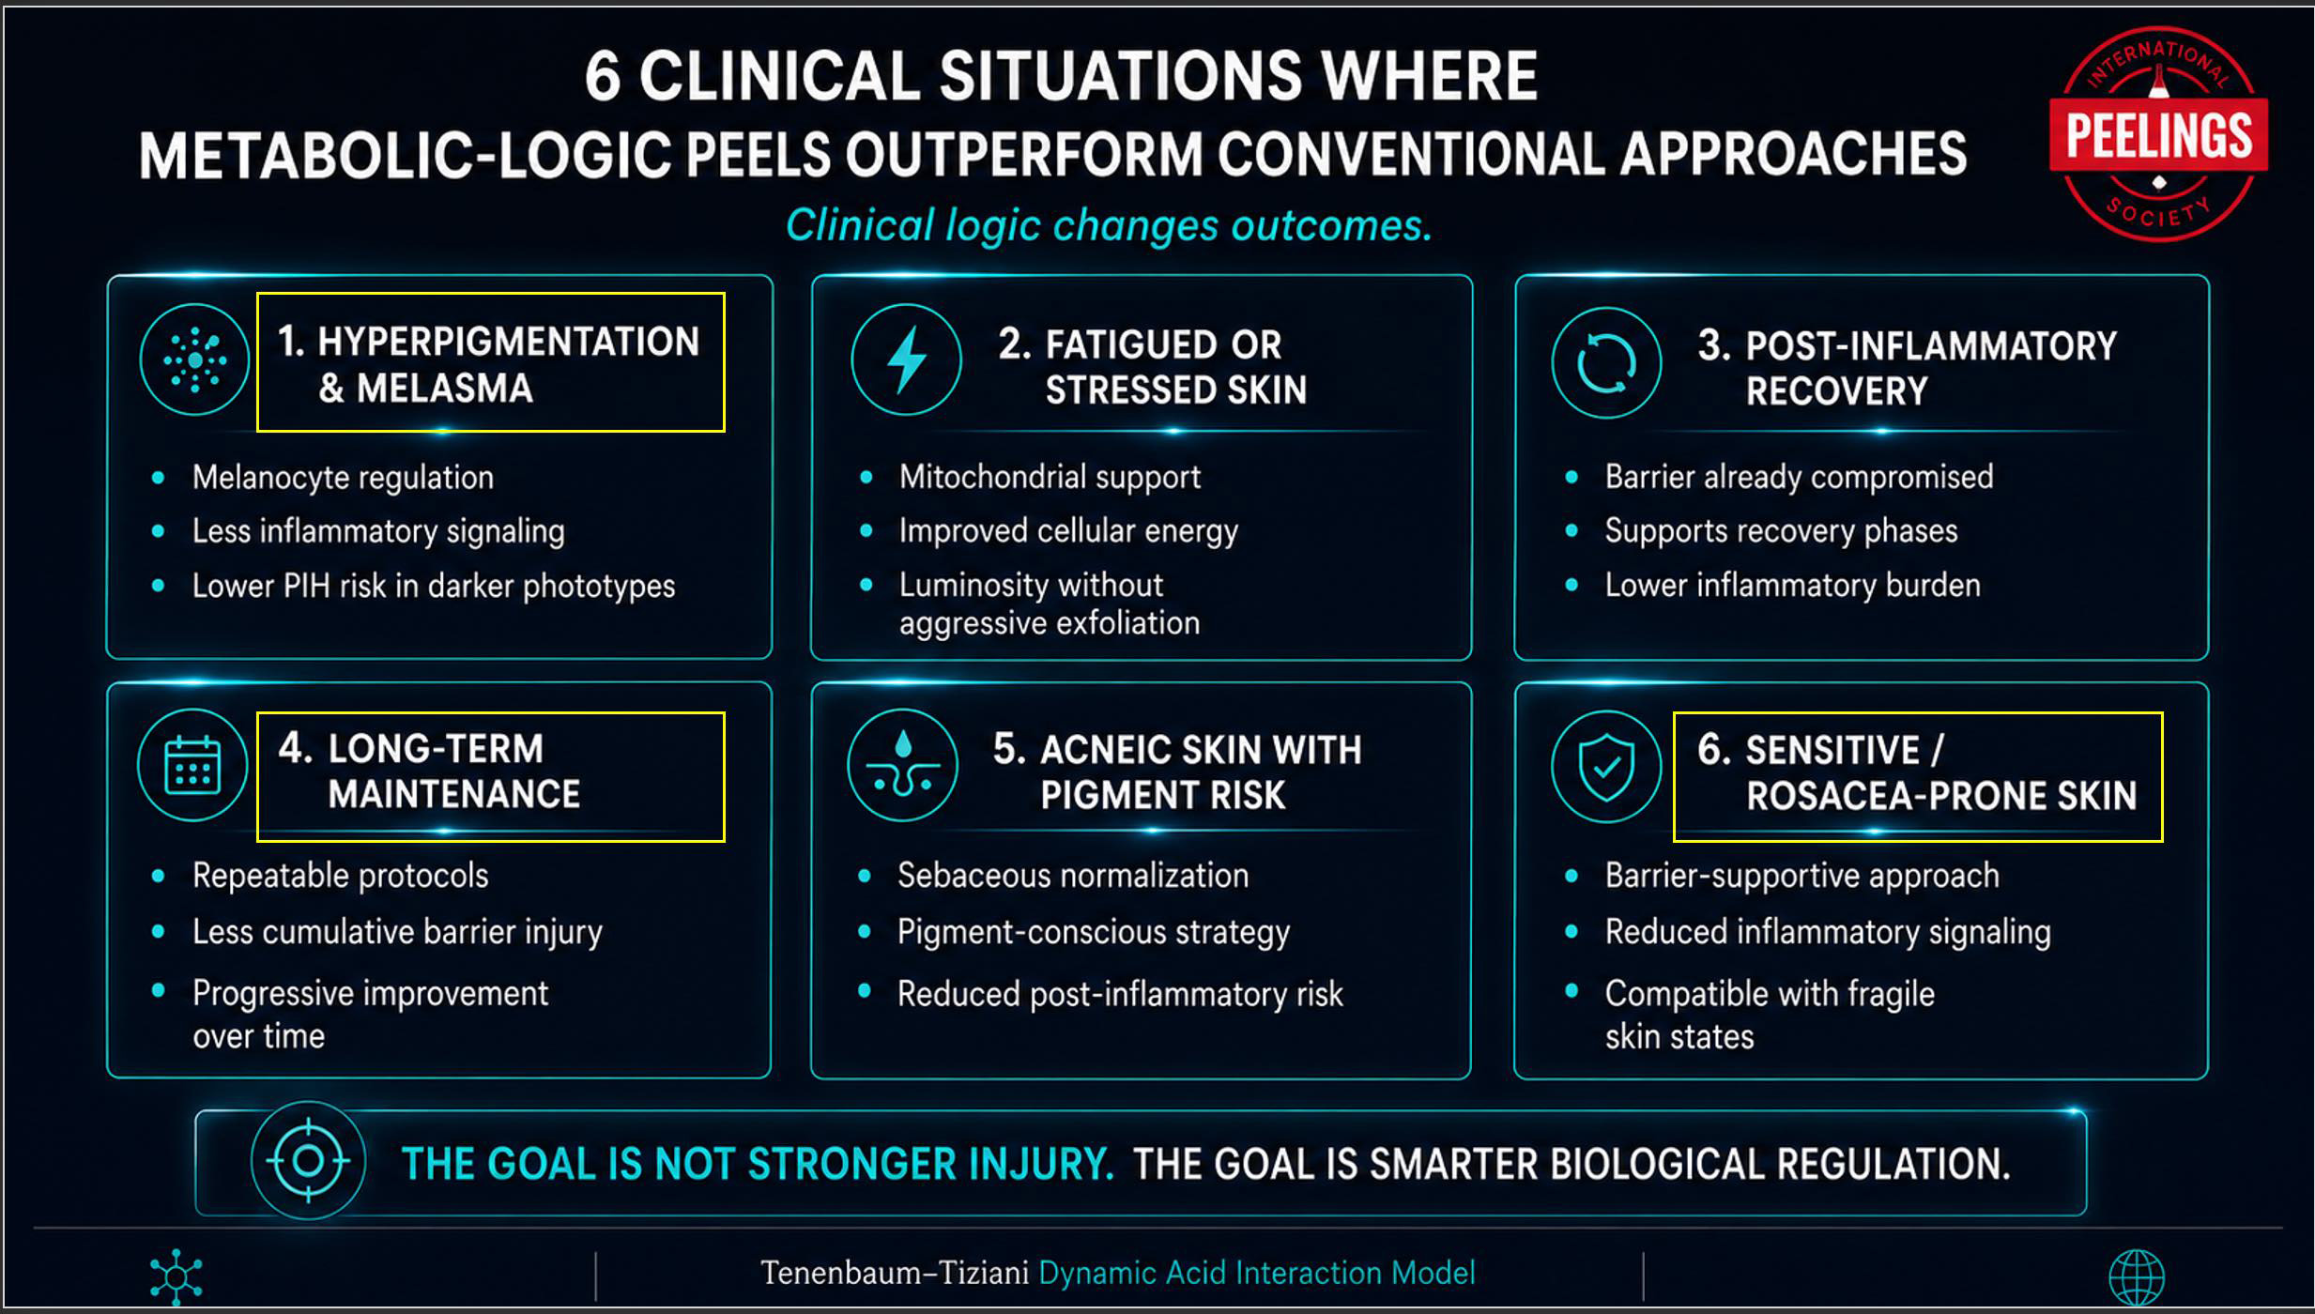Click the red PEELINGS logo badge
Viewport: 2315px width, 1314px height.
pyautogui.click(x=2158, y=134)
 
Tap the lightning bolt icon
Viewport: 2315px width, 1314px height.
pyautogui.click(x=906, y=359)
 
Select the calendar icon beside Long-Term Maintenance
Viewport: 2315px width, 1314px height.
pyautogui.click(x=192, y=765)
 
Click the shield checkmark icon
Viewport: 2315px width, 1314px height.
pyautogui.click(x=1606, y=766)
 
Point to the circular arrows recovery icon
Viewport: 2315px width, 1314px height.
pyautogui.click(x=1606, y=362)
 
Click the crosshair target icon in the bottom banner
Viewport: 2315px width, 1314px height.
pyautogui.click(x=308, y=1161)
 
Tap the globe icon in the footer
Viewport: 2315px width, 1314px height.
pyautogui.click(x=2137, y=1277)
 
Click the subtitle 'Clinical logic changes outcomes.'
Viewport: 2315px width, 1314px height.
pyautogui.click(x=1109, y=225)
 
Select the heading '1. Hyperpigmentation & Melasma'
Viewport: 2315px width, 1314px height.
pyautogui.click(x=488, y=364)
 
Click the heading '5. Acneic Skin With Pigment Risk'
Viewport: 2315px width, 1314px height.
pyautogui.click(x=1177, y=772)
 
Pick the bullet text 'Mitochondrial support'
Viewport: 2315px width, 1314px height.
pyautogui.click(x=1050, y=477)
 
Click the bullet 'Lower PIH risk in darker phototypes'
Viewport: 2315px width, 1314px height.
pyautogui.click(x=434, y=586)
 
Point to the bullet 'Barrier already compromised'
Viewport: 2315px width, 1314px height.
pyautogui.click(x=1799, y=477)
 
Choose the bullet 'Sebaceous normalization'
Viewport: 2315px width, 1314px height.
pyautogui.click(x=1073, y=876)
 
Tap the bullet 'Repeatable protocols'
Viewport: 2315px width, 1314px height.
pyautogui.click(x=341, y=876)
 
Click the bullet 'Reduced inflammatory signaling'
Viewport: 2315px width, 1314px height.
pyautogui.click(x=1828, y=932)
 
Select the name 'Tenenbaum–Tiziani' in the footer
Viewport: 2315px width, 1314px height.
pyautogui.click(x=895, y=1273)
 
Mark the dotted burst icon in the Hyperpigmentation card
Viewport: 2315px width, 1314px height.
pyautogui.click(x=194, y=359)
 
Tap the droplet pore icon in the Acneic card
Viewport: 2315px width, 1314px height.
pyautogui.click(x=902, y=765)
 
